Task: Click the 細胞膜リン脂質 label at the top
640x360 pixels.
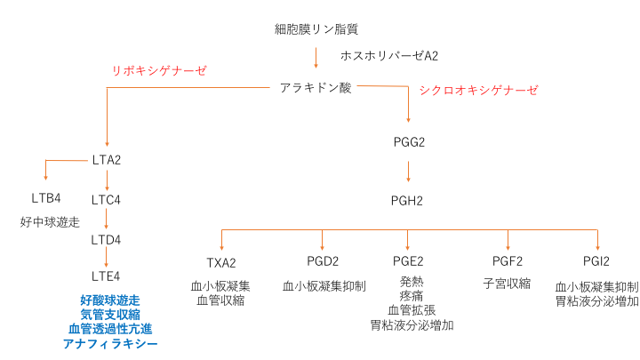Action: (316, 30)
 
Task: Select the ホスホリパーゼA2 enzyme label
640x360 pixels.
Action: (389, 57)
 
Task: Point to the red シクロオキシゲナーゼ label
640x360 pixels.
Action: (478, 91)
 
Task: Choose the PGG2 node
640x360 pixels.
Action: (408, 142)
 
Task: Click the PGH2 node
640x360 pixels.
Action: (408, 201)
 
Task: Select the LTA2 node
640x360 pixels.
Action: (107, 161)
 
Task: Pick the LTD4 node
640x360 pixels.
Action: (107, 240)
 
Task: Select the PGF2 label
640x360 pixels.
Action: (508, 261)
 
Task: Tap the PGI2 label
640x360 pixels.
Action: (596, 261)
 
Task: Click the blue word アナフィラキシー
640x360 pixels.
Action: (110, 344)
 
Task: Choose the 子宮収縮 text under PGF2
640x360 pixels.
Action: (507, 284)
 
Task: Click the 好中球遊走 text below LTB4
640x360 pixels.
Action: (50, 220)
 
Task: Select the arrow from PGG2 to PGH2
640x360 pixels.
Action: (408, 171)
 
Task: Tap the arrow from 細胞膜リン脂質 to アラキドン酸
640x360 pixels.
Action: (316, 58)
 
